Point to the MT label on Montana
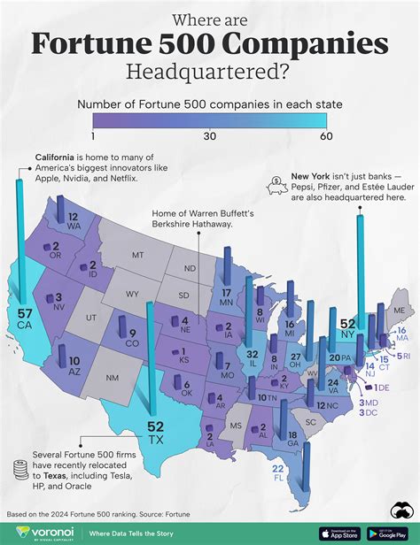coord(137,255)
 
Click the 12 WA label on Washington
coord(74,221)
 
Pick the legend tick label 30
coord(210,136)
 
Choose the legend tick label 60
coord(326,136)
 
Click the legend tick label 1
coord(93,136)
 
